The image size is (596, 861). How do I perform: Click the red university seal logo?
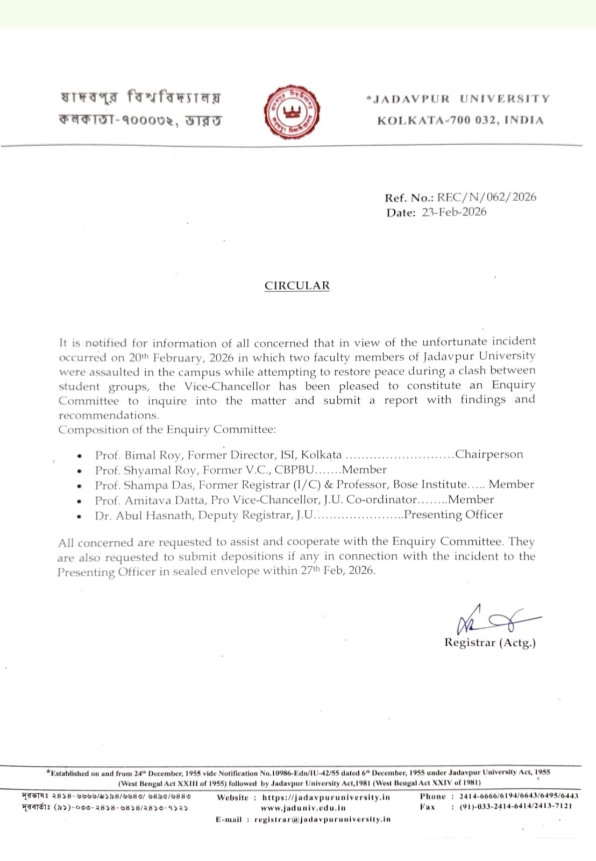(x=292, y=112)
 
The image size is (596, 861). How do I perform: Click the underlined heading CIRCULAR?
(x=297, y=286)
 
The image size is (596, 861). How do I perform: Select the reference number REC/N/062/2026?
(x=486, y=197)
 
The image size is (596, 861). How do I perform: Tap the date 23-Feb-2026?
(x=454, y=212)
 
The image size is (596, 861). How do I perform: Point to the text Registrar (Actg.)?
(x=489, y=643)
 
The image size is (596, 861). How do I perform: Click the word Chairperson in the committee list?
(x=488, y=454)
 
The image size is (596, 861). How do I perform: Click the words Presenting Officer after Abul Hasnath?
(x=453, y=514)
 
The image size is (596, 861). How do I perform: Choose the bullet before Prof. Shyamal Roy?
(x=80, y=471)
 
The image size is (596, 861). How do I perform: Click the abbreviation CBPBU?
(x=294, y=470)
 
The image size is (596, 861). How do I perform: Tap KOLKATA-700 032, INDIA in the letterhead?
(x=460, y=121)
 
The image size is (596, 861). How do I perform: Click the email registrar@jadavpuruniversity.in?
(x=322, y=820)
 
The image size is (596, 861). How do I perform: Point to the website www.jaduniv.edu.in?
(x=303, y=808)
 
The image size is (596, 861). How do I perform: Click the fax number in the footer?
(x=515, y=806)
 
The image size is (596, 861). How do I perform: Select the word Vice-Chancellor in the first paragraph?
(x=227, y=386)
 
